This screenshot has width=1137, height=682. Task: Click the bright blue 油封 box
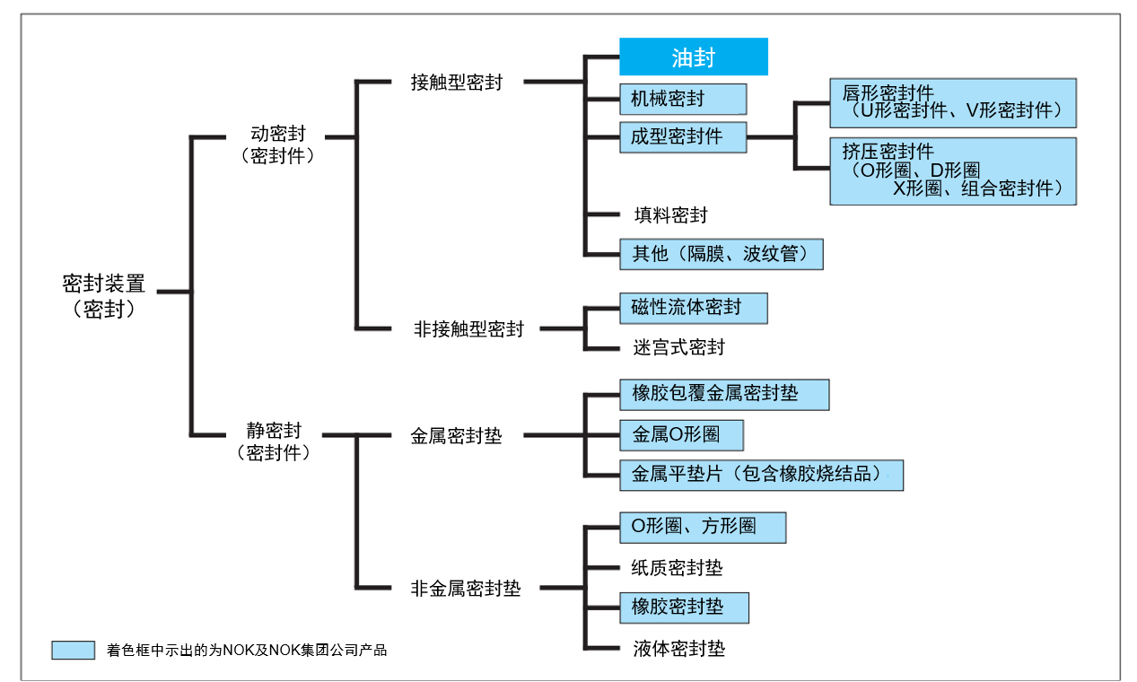694,57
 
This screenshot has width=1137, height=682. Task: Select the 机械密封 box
683,99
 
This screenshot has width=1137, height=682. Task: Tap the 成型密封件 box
683,136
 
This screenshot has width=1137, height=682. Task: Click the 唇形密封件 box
952,102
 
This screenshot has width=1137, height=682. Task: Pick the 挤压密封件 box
952,170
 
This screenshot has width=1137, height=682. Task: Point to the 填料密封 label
670,215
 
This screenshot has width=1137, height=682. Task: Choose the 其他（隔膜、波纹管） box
721,253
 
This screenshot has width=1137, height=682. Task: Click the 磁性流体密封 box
693,307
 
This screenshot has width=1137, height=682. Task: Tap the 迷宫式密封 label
678,347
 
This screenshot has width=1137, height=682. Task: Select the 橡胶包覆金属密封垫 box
723,394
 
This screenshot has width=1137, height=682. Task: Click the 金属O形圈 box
681,435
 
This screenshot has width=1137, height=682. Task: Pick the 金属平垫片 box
761,475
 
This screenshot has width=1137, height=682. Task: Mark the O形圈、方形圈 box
703,528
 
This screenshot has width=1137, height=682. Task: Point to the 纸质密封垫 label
678,568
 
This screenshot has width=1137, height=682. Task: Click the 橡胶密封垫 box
684,608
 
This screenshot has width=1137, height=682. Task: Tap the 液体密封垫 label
678,648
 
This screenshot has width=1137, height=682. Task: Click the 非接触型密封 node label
468,329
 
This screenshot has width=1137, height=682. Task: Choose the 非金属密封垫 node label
465,590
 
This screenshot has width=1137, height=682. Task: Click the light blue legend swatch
73,650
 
